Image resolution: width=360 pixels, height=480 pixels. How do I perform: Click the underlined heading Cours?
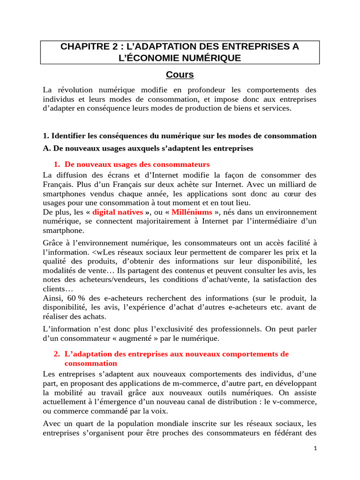180,75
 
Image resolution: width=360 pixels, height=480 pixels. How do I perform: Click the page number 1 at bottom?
315,449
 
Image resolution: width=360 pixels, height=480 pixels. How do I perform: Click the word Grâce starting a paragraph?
52,242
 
